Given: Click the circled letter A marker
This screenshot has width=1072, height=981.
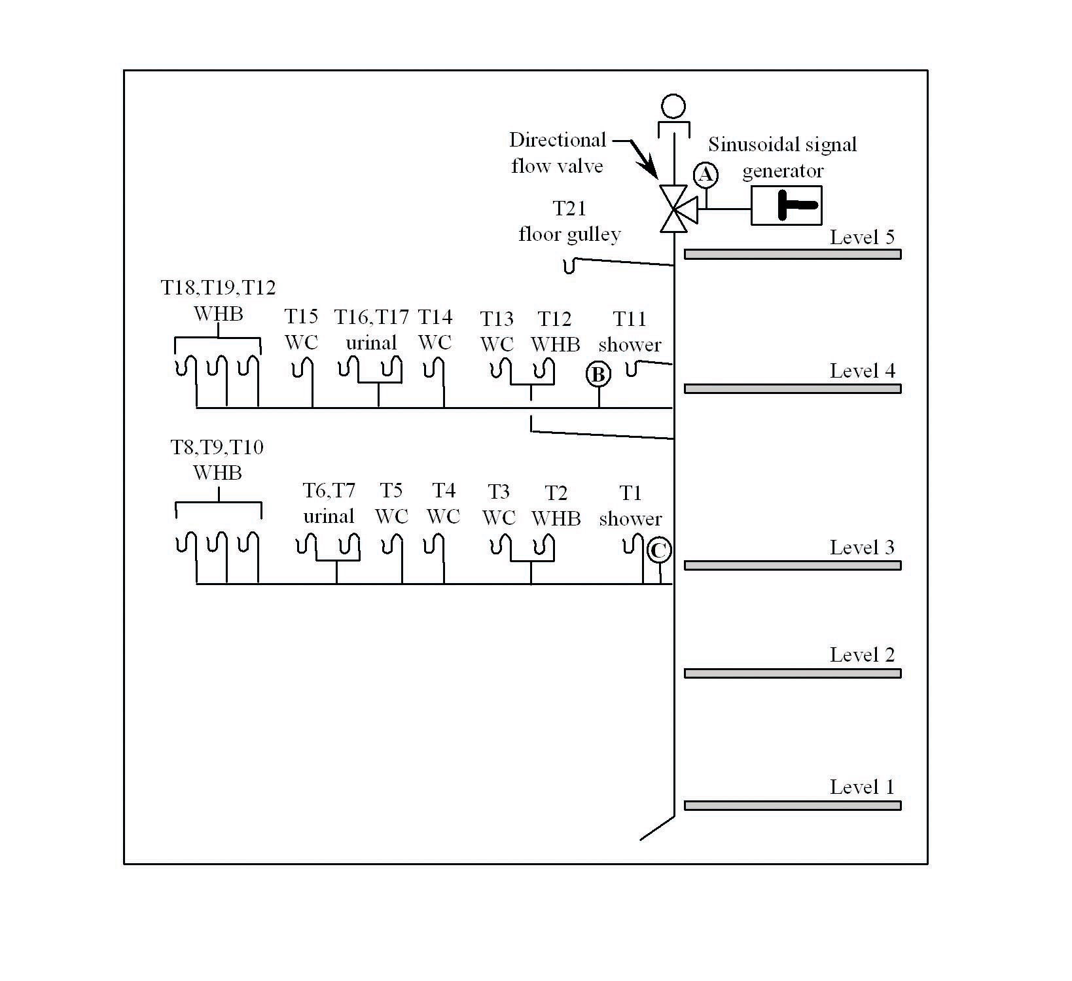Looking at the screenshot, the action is [x=706, y=175].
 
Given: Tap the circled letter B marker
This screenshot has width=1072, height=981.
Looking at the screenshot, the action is [x=598, y=375].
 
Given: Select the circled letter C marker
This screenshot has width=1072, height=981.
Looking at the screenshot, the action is [x=658, y=550].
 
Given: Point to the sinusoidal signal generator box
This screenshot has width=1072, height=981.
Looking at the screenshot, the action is [x=786, y=205].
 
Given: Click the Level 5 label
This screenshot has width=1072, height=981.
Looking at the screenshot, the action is [x=862, y=237].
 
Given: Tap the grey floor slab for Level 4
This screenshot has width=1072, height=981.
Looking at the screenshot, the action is [x=793, y=388].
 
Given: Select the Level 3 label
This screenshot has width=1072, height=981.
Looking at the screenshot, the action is [x=862, y=547].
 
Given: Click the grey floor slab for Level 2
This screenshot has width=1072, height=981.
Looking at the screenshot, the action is [x=793, y=673].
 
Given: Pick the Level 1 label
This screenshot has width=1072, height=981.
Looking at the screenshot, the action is [x=862, y=787].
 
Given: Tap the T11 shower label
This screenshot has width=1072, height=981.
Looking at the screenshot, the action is [x=630, y=332].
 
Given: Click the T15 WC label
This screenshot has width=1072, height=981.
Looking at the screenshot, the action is [x=302, y=329].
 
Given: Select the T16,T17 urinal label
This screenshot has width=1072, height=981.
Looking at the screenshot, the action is [x=372, y=330].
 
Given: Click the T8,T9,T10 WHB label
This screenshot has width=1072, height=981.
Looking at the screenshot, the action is [x=217, y=459].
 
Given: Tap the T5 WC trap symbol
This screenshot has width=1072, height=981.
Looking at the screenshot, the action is [x=392, y=545].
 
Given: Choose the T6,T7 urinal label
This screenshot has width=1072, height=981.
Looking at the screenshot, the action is [x=329, y=503].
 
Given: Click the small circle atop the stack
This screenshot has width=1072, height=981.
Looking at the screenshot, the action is [x=673, y=106].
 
